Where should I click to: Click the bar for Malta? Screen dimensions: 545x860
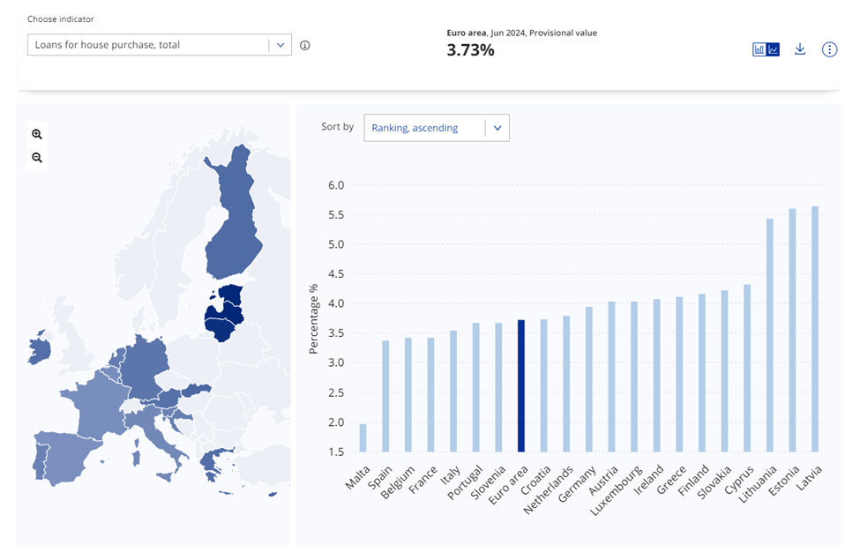coord(363,437)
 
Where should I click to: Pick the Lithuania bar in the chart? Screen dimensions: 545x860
coord(769,334)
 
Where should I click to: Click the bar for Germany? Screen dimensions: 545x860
coord(589,378)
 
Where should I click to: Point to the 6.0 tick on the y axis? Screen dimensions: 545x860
coord(336,185)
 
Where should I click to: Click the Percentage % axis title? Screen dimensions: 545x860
coord(313,319)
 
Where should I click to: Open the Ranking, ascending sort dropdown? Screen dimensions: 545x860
coord(437,128)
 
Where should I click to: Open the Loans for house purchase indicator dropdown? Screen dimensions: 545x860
coord(159,44)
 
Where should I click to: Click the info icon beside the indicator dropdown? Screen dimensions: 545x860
coord(305,45)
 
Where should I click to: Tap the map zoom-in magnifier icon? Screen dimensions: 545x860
coord(37,134)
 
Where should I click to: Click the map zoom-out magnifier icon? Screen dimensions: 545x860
coord(37,158)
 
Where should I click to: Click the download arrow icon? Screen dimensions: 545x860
coord(800,49)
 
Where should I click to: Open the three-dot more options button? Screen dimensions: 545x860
coord(829,49)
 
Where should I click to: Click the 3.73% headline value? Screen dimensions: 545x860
coord(470,50)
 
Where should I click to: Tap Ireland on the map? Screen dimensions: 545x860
coord(39,348)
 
